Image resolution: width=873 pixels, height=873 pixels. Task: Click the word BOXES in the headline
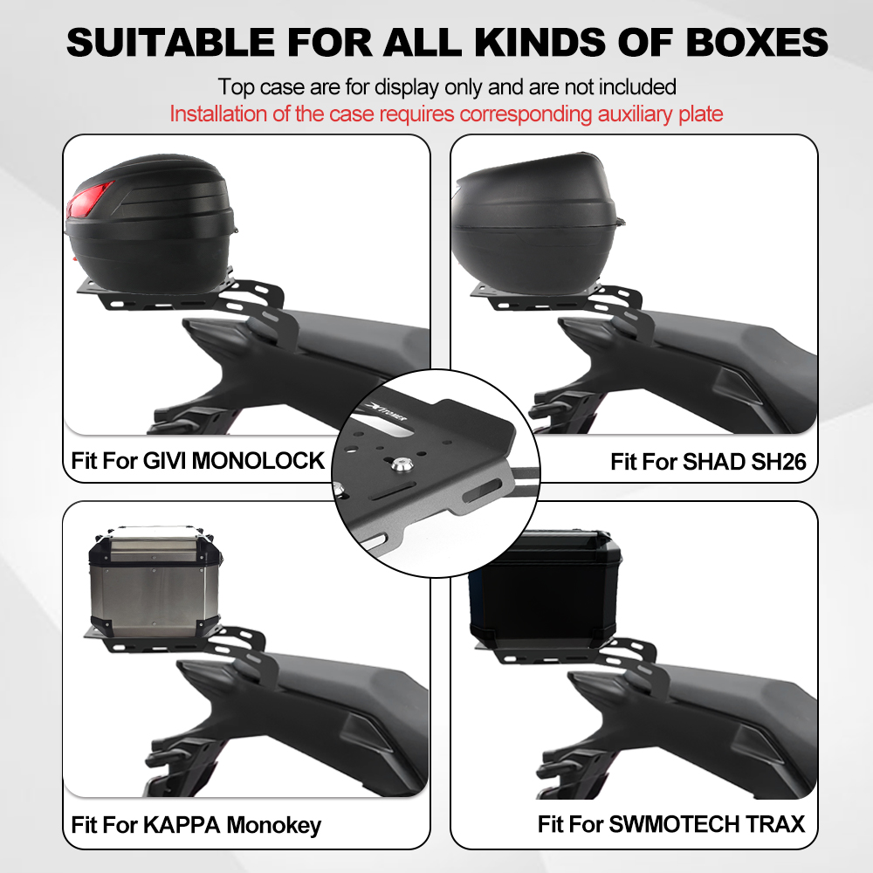[757, 42]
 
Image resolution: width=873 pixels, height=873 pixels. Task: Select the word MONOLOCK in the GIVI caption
[258, 460]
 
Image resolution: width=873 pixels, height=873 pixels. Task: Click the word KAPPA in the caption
[182, 825]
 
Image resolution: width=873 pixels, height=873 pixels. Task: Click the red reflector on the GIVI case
[88, 199]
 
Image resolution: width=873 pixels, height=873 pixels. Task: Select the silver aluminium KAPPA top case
[155, 581]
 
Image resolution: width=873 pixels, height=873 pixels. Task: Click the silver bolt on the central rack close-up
[398, 465]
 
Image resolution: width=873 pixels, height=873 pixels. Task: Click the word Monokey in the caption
[274, 826]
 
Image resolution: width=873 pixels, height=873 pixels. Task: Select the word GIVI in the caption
[164, 460]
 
